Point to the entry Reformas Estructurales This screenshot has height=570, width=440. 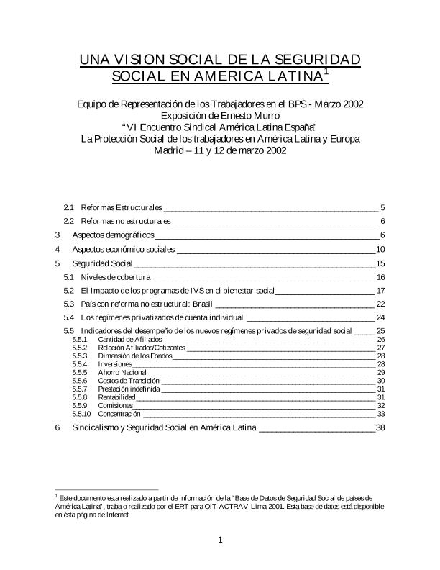click(x=121, y=207)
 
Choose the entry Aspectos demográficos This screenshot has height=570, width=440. click(x=114, y=235)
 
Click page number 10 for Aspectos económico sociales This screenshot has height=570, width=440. click(x=381, y=249)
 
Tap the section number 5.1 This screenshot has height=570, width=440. click(x=69, y=277)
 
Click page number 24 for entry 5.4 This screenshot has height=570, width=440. click(x=381, y=317)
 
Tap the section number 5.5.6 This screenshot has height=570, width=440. click(x=81, y=381)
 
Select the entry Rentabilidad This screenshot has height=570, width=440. click(x=116, y=397)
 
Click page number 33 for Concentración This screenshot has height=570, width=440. click(x=381, y=414)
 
